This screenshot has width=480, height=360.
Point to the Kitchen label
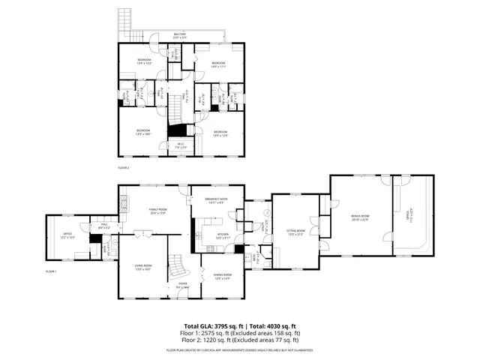pos(223,235)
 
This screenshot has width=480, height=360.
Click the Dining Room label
pos(221,277)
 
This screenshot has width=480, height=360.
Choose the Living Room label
pos(143,268)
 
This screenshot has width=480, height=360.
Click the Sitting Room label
pos(296,232)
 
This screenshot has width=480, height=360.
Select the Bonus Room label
pos(361,217)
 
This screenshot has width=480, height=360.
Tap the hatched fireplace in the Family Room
pos(125,202)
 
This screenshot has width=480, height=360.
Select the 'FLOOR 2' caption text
pos(123,167)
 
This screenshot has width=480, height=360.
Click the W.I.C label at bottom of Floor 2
pos(181,145)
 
